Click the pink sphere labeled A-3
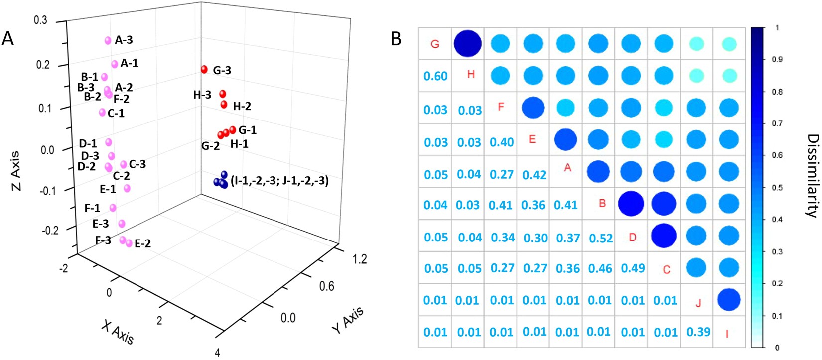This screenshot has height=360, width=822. point(108,41)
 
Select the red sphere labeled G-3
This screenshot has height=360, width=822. point(204,69)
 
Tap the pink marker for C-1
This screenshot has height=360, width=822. point(102,112)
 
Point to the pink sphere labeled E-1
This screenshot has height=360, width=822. point(127,188)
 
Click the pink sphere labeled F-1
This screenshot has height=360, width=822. point(113,208)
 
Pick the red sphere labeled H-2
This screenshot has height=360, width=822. point(224,105)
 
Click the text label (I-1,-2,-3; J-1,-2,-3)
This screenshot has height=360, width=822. point(279,181)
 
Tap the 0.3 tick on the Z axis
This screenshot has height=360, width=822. point(40,20)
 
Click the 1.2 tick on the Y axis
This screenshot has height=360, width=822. point(359,258)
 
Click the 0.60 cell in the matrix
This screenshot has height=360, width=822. point(435,76)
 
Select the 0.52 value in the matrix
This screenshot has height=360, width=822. point(601,238)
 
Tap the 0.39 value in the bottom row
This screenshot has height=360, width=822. point(698,332)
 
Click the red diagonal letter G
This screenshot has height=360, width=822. point(435,44)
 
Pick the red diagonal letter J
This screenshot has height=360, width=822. point(698,303)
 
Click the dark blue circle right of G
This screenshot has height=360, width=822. point(468,43)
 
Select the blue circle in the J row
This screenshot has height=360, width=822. point(729,300)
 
